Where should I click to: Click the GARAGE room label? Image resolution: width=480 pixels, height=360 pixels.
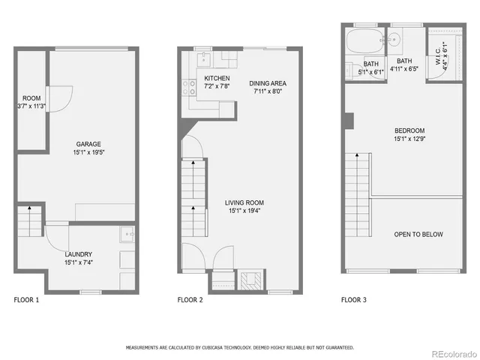(x=88, y=144)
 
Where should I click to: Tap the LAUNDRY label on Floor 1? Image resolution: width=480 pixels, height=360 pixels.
(x=79, y=254)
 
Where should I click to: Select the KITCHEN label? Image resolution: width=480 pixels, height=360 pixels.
(x=217, y=78)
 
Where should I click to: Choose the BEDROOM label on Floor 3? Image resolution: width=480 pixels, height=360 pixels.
(x=409, y=130)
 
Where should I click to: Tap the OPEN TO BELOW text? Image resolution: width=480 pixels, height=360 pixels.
(x=418, y=235)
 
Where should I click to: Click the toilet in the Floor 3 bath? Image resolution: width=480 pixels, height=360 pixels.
(x=350, y=70)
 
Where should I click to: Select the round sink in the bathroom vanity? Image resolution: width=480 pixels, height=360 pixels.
(x=392, y=40)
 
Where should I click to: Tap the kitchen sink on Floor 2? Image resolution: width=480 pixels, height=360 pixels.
(x=202, y=58)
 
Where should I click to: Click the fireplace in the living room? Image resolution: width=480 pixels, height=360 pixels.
(x=248, y=281)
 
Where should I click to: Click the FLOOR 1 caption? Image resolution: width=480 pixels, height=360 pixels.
(x=26, y=300)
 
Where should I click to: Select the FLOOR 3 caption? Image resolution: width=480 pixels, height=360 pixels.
(x=354, y=300)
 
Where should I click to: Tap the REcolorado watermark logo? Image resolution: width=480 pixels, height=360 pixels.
(x=451, y=352)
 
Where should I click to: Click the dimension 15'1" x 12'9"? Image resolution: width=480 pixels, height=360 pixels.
(x=409, y=139)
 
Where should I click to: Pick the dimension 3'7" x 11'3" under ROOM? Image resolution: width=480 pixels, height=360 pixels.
(x=31, y=106)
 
